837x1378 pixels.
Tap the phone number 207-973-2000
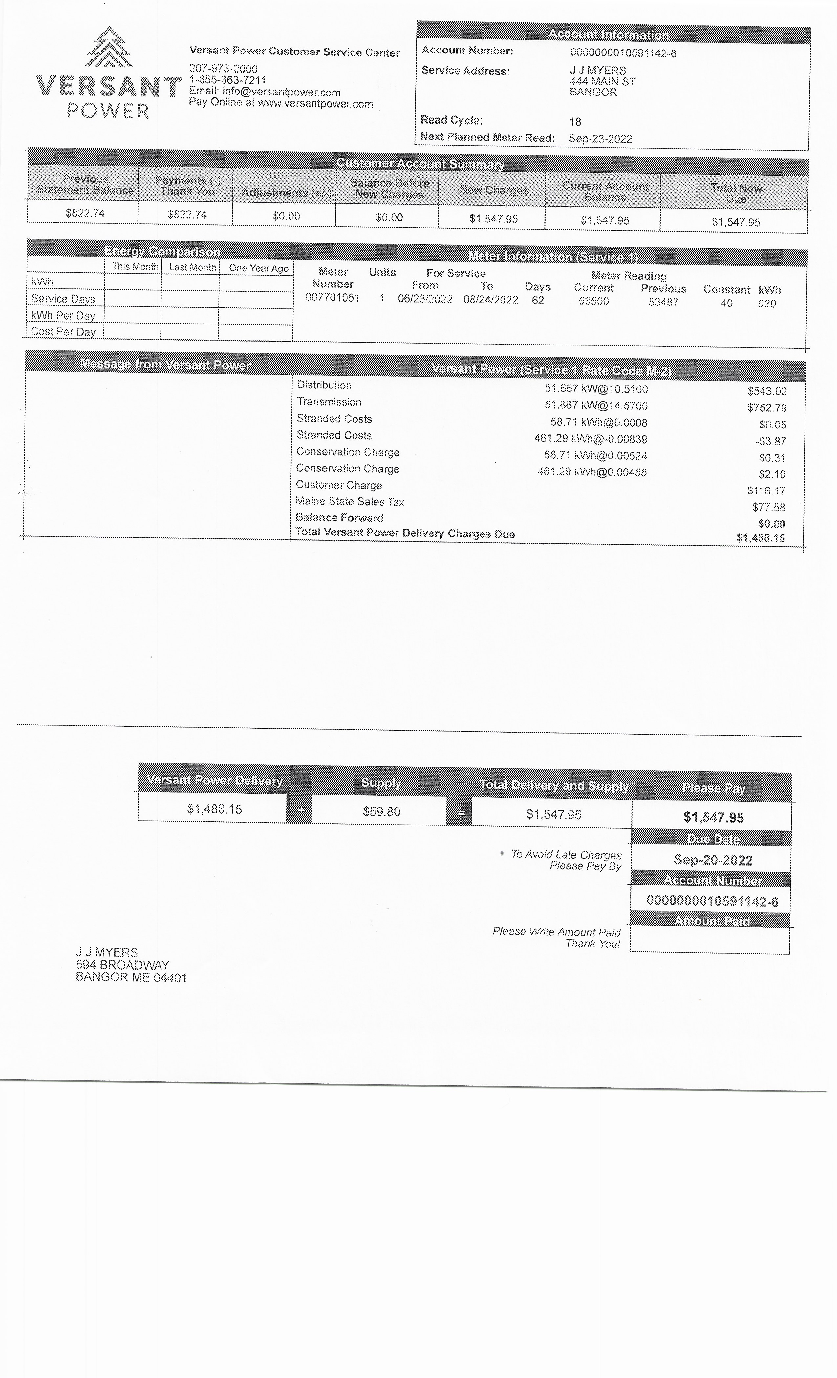pyautogui.click(x=223, y=68)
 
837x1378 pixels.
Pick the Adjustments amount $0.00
pyautogui.click(x=286, y=216)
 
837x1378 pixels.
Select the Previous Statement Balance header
pyautogui.click(x=85, y=184)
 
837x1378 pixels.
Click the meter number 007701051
pyautogui.click(x=332, y=298)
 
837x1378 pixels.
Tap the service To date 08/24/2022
pyautogui.click(x=490, y=300)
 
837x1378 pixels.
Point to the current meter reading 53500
pyautogui.click(x=593, y=302)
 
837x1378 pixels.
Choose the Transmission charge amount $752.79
pyautogui.click(x=766, y=408)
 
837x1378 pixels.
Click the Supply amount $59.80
pyautogui.click(x=381, y=811)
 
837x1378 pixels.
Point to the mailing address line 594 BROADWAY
pyautogui.click(x=122, y=965)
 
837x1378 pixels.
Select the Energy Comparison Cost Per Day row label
pyautogui.click(x=63, y=332)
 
